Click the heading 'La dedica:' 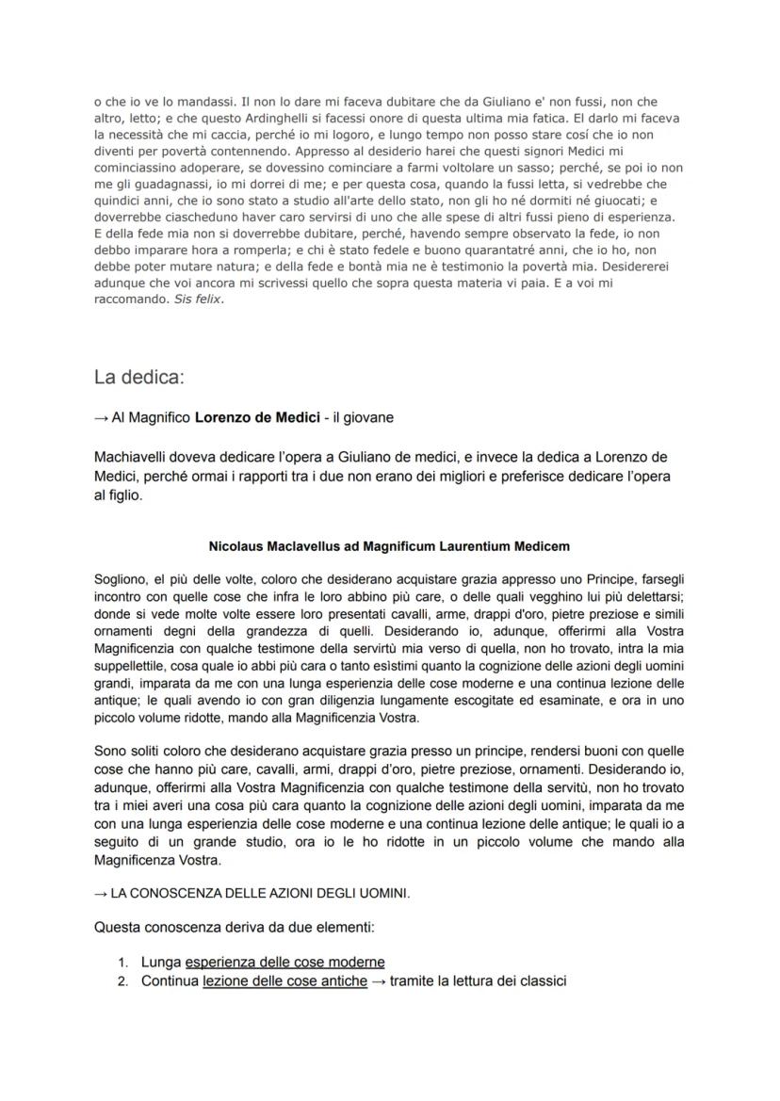coord(139,378)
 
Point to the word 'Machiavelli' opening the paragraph coord(140,457)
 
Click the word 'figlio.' coord(119,494)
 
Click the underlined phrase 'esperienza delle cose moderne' coord(284,963)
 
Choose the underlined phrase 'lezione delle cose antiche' coord(284,981)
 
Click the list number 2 coord(122,981)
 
